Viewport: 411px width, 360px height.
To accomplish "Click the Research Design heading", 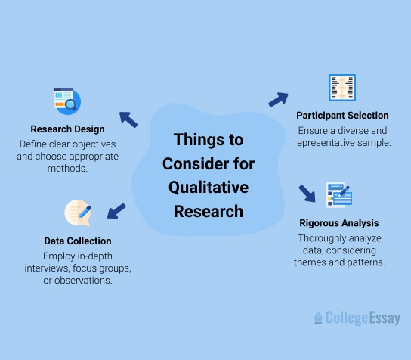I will pyautogui.click(x=67, y=129).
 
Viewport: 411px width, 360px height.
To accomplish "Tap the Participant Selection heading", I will pyautogui.click(x=342, y=116).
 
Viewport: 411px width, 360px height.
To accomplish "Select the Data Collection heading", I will pyautogui.click(x=78, y=241).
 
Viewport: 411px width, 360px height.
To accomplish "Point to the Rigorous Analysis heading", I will pyautogui.click(x=340, y=223).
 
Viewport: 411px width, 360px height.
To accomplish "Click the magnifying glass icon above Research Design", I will pyautogui.click(x=67, y=100).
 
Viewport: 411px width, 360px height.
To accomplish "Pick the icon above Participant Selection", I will pyautogui.click(x=342, y=88).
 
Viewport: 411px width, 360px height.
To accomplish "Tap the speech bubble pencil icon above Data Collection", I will pyautogui.click(x=78, y=213).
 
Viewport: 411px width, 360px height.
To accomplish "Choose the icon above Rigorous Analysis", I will pyautogui.click(x=339, y=195).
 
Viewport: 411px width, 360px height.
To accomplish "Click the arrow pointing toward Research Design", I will pyautogui.click(x=128, y=118).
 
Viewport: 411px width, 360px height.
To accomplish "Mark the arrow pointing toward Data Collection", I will pyautogui.click(x=116, y=210).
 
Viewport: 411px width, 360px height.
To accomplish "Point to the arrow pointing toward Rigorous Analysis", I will pyautogui.click(x=307, y=192).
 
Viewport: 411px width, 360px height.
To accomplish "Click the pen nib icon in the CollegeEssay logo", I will pyautogui.click(x=318, y=318).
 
